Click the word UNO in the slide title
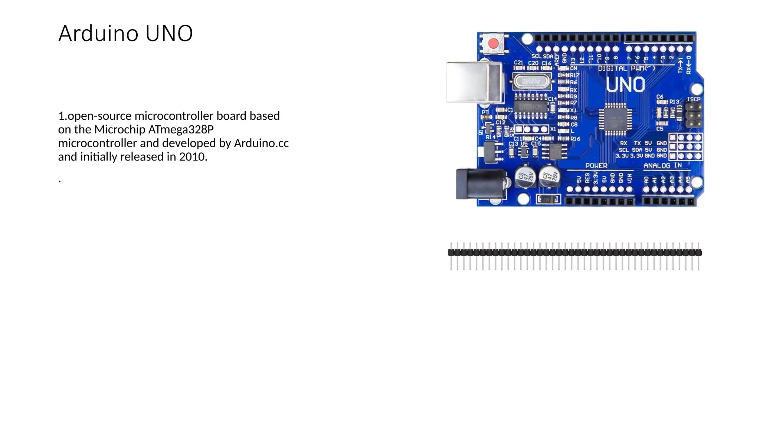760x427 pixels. click(169, 33)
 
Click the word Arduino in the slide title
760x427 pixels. click(98, 33)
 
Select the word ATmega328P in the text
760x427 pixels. click(181, 129)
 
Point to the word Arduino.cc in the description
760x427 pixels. click(261, 143)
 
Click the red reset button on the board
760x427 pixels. click(493, 44)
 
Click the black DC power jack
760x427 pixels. click(479, 183)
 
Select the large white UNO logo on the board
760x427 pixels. click(625, 85)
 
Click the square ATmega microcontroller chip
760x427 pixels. click(615, 118)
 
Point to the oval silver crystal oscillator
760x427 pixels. click(531, 81)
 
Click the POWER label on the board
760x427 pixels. click(596, 166)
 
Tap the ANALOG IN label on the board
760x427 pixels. click(662, 166)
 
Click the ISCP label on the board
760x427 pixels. click(693, 99)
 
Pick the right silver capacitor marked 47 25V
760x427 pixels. click(549, 176)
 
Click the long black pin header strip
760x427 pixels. click(574, 253)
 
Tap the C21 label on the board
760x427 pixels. click(518, 63)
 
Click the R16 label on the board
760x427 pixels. click(575, 139)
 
